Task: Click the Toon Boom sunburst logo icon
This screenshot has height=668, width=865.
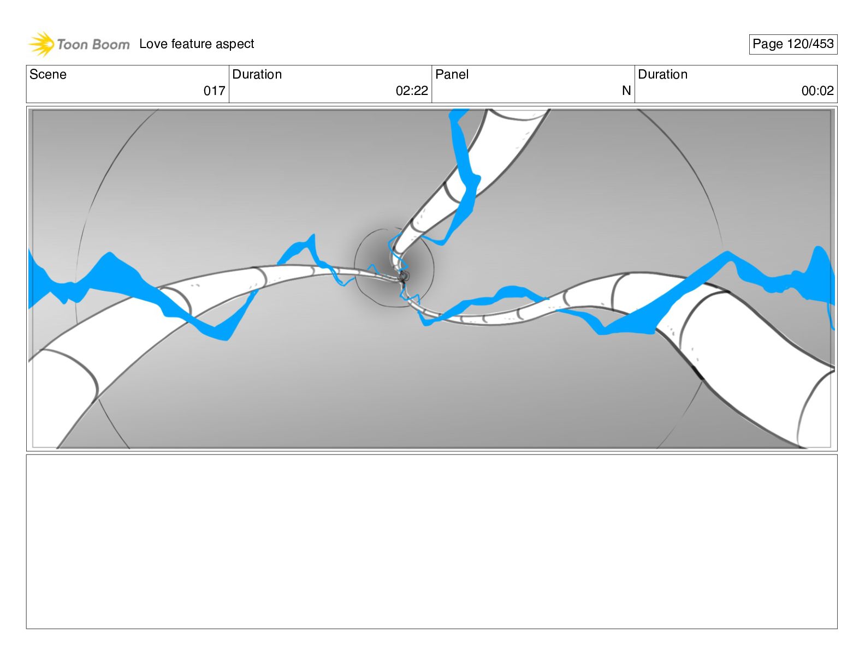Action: pyautogui.click(x=42, y=44)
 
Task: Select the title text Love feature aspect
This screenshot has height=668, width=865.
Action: pyautogui.click(x=197, y=44)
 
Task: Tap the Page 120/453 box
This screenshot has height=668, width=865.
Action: pyautogui.click(x=793, y=44)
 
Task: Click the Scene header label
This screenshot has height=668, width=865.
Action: pyautogui.click(x=48, y=75)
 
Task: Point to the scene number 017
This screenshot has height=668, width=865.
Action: pyautogui.click(x=214, y=91)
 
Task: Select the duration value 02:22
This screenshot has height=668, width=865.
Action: pyautogui.click(x=412, y=91)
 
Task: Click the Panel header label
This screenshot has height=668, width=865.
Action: pyautogui.click(x=452, y=75)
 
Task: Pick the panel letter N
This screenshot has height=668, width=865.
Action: pyautogui.click(x=626, y=91)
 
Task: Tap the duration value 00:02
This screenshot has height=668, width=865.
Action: pyautogui.click(x=817, y=91)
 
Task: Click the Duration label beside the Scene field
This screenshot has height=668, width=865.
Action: pyautogui.click(x=257, y=75)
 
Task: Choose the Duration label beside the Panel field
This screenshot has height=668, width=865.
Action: pyautogui.click(x=663, y=75)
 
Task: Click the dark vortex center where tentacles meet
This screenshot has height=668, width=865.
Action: pyautogui.click(x=404, y=276)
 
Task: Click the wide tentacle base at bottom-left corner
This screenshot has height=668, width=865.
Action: pyautogui.click(x=60, y=393)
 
